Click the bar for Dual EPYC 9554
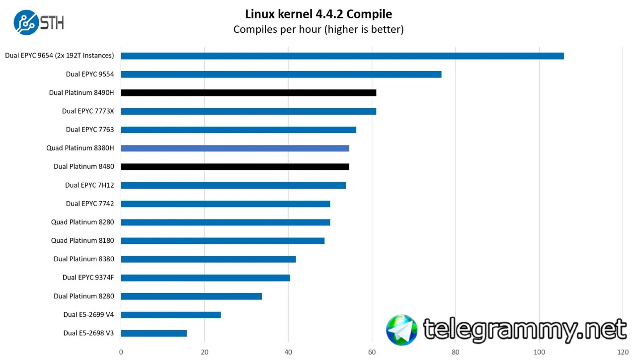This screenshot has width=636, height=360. pos(281,74)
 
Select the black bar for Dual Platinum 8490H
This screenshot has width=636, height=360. pos(248,93)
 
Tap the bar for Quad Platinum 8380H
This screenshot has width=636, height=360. pos(235,148)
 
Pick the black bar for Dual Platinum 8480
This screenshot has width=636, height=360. pos(235,167)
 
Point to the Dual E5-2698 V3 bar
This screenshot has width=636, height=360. pos(154,333)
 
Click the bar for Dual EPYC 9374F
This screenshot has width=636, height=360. pos(205,278)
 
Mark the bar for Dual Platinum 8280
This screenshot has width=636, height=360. pos(191,296)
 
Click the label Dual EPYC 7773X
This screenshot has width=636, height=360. pos(88,111)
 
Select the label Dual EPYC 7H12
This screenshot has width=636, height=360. pos(89,185)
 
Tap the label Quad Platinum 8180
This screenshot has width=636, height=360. pos(82,241)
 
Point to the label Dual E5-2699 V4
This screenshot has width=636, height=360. pos(88,315)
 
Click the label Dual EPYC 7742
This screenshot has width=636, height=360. pos(90,204)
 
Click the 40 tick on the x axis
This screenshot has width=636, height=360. pos(288,352)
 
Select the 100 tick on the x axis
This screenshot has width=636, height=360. pos(539,352)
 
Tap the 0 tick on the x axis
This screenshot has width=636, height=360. pos(121,352)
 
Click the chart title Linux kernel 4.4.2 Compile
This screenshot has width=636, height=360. pos(318,13)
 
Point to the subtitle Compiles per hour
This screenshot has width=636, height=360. pos(318,29)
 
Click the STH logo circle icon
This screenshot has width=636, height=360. pos(26,22)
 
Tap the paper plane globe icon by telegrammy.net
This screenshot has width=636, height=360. pos(402,330)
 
